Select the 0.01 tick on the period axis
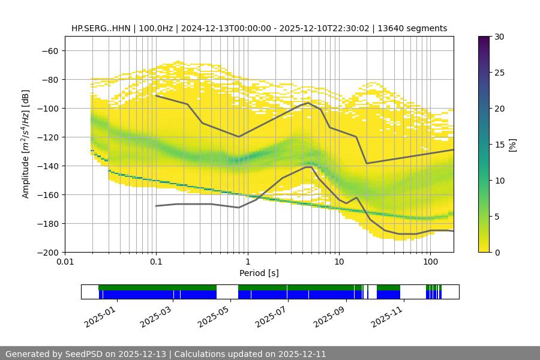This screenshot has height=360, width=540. [x=65, y=262]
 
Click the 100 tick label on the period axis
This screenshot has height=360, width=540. [x=430, y=262]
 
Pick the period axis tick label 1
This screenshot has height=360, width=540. [x=247, y=262]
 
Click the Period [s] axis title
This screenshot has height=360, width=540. [x=259, y=273]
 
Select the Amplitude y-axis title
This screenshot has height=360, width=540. [x=26, y=144]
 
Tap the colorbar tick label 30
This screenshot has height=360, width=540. [x=499, y=37]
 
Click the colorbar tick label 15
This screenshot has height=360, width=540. [x=499, y=145]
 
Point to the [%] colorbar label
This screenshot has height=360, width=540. [x=512, y=144]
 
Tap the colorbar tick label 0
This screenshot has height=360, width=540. [x=496, y=252]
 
